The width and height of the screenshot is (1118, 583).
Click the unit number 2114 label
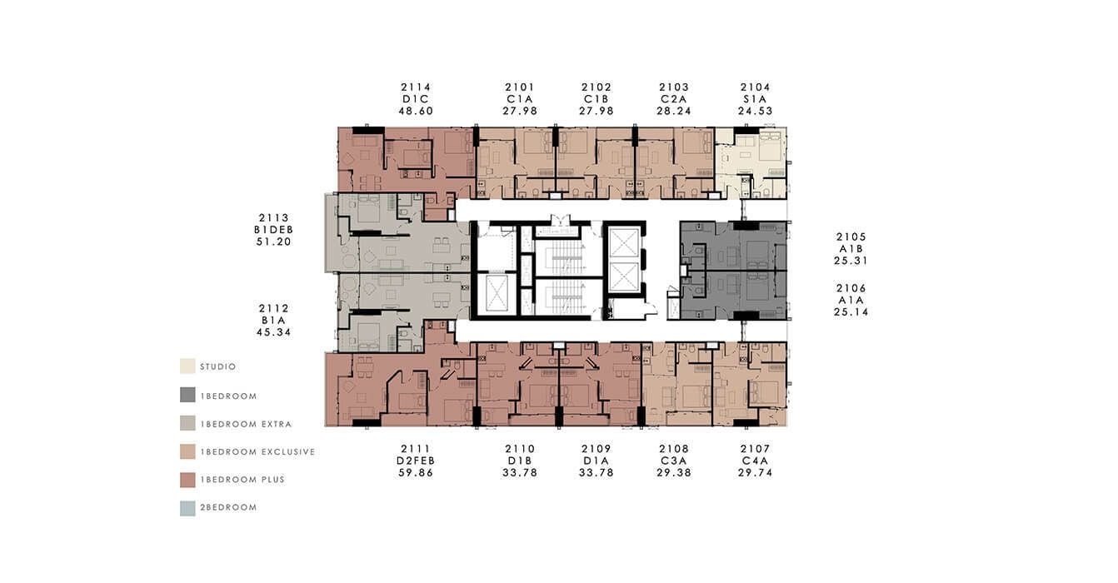pos(415,87)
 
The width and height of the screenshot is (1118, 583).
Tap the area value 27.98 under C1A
pos(520,112)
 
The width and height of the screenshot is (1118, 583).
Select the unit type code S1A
pos(755,99)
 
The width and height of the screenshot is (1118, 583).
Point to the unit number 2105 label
pos(851,237)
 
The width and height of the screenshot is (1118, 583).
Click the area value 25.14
pos(851,312)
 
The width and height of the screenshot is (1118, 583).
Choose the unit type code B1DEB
pos(273,230)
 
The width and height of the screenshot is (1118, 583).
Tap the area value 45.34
pos(273,332)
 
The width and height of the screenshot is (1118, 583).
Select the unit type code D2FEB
pos(415,461)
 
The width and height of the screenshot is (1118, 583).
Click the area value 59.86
pos(415,473)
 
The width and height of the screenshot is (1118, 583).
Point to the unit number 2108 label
pos(674,449)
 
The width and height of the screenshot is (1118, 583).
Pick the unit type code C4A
pos(755,461)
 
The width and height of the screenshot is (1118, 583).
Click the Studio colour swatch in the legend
pos(187,366)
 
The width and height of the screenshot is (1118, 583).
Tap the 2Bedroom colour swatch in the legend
pos(187,508)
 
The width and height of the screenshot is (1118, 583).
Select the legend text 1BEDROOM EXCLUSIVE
pos(258,452)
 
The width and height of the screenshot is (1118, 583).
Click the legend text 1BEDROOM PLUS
pos(242,480)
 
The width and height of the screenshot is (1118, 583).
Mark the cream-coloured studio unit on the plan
pos(751,162)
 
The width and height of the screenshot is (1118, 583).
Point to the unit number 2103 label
pos(674,87)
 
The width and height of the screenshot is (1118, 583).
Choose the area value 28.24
pos(674,112)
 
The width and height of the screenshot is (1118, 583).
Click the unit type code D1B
pos(520,461)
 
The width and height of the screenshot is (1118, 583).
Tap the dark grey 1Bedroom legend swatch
pos(187,395)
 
